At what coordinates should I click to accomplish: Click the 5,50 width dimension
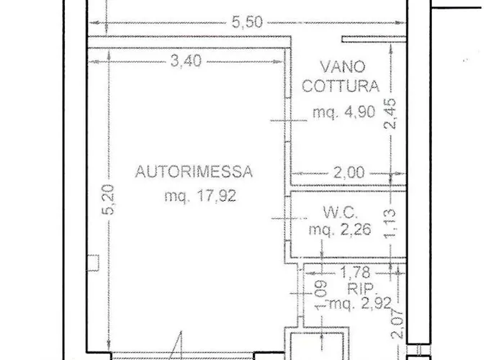[247, 22]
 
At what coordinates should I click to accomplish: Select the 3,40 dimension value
[186, 61]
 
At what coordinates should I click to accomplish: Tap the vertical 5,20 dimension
[108, 199]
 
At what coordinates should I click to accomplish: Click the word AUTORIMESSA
[194, 171]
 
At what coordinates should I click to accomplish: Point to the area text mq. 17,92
[200, 195]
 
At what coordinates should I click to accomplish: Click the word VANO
[343, 67]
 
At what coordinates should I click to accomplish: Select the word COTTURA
[341, 86]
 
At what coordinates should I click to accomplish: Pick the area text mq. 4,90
[344, 112]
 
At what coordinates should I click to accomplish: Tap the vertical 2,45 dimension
[390, 114]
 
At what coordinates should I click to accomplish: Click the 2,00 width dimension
[349, 173]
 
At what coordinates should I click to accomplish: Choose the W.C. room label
[341, 212]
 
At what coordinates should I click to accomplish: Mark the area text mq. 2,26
[340, 229]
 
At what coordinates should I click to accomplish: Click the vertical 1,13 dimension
[390, 224]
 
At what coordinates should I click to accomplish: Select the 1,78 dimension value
[355, 273]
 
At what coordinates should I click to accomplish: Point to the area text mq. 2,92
[361, 303]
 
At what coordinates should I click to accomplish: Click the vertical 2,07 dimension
[397, 324]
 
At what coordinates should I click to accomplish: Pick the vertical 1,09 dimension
[321, 296]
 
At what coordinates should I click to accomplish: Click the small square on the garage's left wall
[94, 263]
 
